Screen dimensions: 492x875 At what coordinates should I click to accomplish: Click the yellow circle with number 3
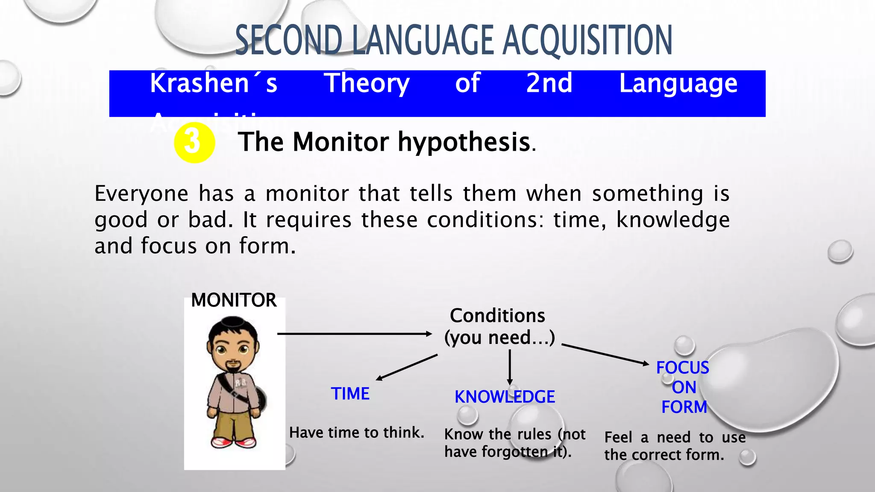[194, 143]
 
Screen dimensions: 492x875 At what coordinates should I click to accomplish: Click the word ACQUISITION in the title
[587, 41]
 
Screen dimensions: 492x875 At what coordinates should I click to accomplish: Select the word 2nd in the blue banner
[549, 83]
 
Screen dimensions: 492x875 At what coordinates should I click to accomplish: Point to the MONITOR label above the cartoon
[234, 300]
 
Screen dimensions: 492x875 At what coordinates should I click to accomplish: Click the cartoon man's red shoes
[234, 442]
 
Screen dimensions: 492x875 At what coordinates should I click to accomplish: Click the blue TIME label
[350, 394]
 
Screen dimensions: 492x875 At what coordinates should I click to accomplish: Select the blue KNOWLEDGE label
[505, 397]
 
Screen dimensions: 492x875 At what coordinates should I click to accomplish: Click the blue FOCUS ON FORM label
[683, 387]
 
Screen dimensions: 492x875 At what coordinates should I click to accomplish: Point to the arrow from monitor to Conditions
[355, 334]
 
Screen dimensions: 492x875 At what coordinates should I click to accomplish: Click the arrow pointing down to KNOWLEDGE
[510, 367]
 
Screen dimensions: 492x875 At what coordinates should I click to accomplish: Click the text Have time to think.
[356, 433]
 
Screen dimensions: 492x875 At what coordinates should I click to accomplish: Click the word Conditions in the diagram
[497, 316]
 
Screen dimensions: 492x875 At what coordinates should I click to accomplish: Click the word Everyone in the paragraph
[141, 194]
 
